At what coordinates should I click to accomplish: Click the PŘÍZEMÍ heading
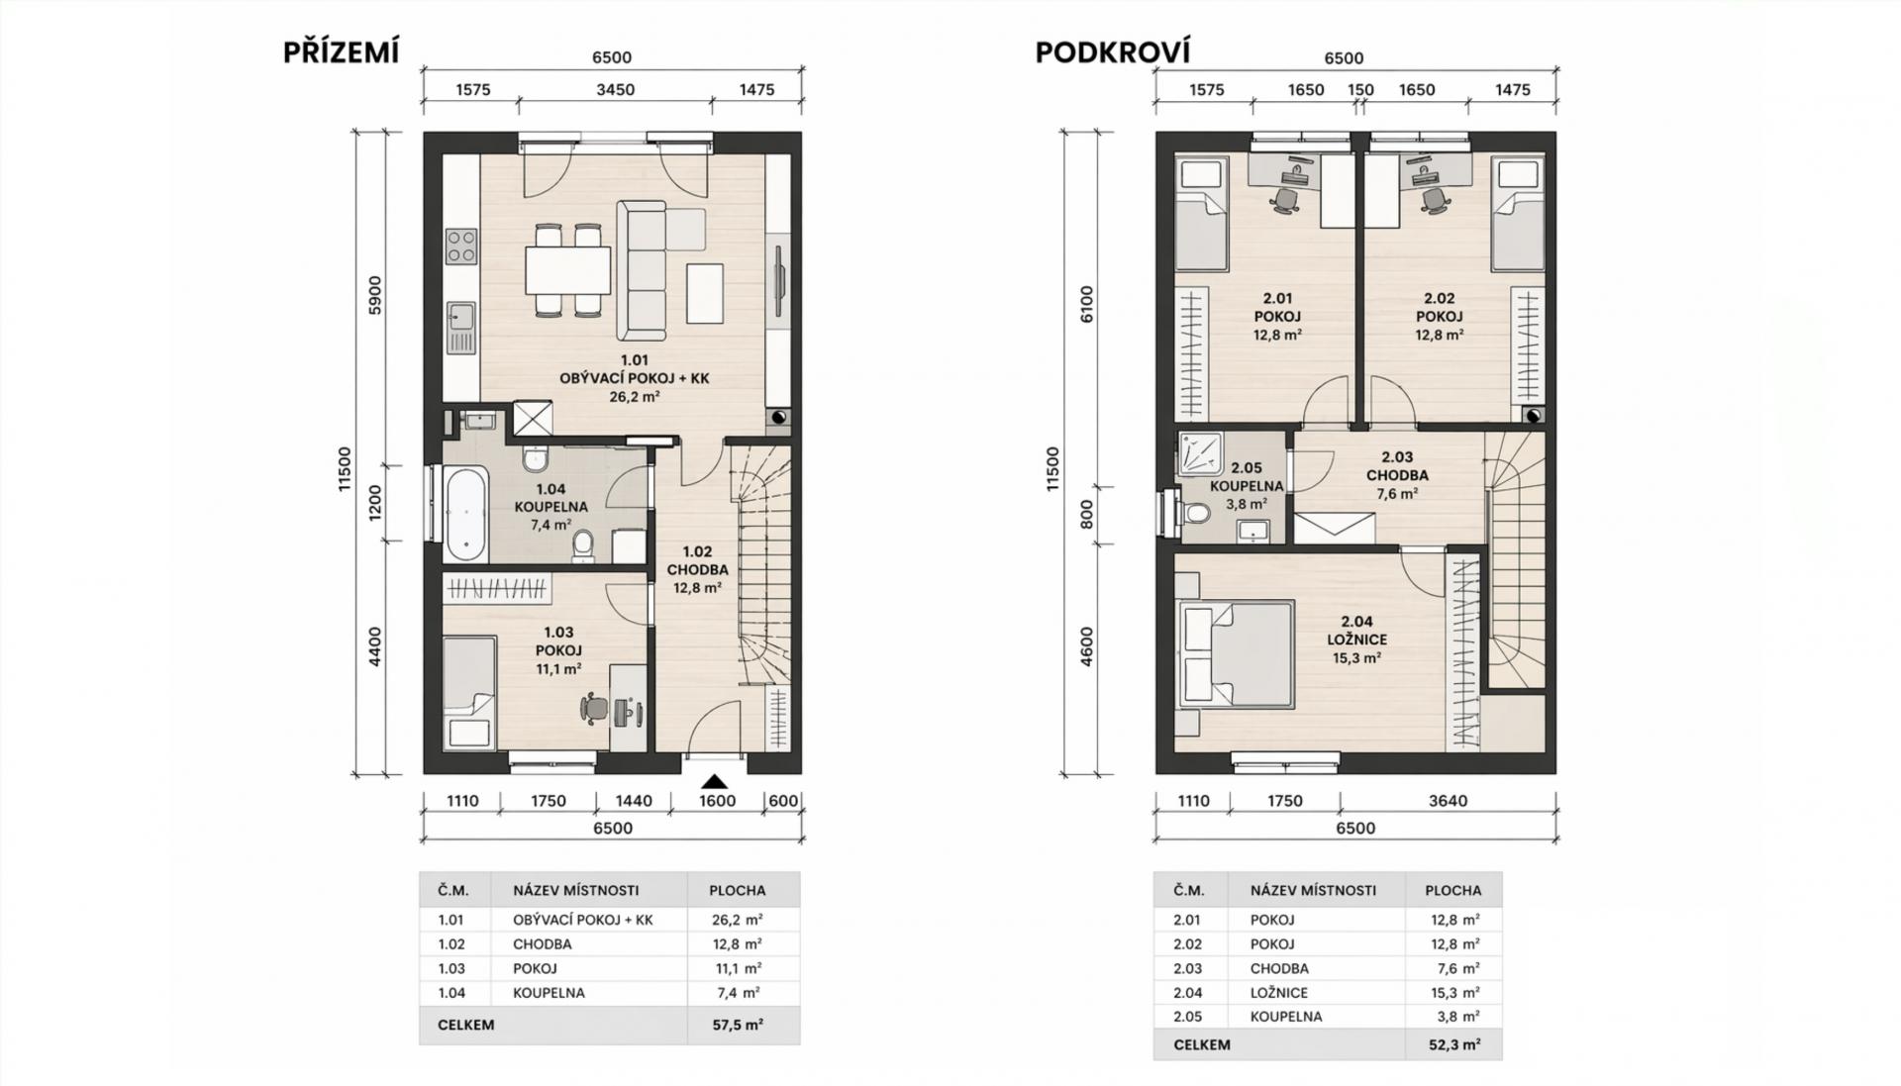342,51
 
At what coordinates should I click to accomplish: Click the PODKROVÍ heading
1112,51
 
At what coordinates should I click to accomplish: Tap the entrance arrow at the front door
714,781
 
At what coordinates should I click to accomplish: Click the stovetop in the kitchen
460,247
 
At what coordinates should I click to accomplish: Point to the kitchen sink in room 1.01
460,317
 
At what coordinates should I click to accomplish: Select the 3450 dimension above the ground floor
615,89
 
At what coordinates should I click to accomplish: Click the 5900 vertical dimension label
374,295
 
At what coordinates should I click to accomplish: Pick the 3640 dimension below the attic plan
1448,800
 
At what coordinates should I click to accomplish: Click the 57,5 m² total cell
738,1025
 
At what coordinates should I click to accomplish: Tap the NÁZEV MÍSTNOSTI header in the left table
575,890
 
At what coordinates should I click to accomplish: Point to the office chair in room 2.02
1434,200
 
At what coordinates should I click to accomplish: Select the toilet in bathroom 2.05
1196,513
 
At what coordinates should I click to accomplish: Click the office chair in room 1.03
594,709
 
